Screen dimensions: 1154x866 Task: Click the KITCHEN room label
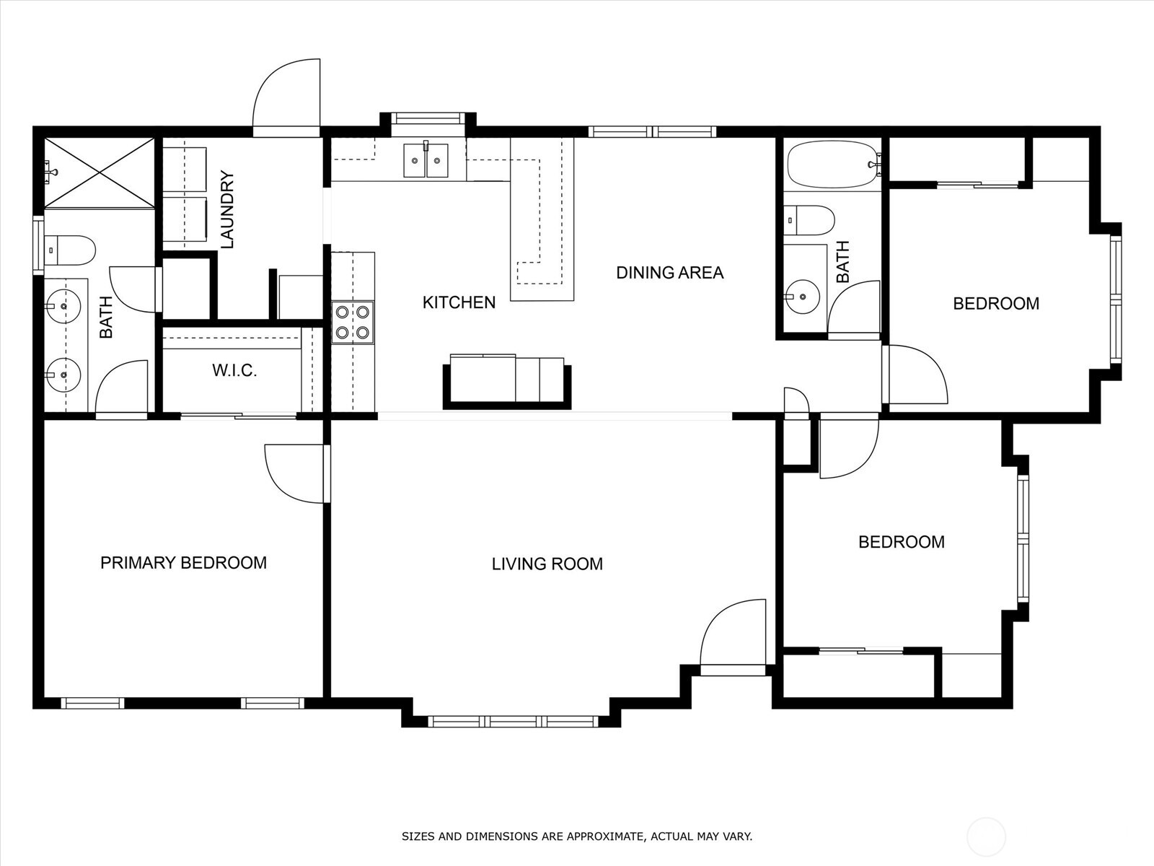pyautogui.click(x=459, y=302)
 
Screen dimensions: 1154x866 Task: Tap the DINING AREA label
pyautogui.click(x=670, y=272)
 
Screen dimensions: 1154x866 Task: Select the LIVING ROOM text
pyautogui.click(x=547, y=564)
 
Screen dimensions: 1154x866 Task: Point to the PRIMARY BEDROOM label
pyautogui.click(x=183, y=563)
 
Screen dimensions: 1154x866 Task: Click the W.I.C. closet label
pyautogui.click(x=234, y=371)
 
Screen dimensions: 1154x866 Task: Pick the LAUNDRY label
pyautogui.click(x=226, y=209)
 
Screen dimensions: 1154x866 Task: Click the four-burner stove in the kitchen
pyautogui.click(x=353, y=323)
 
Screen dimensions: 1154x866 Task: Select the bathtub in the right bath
pyautogui.click(x=834, y=164)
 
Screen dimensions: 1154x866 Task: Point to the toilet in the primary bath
pyautogui.click(x=69, y=250)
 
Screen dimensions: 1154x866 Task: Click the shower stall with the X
pyautogui.click(x=100, y=172)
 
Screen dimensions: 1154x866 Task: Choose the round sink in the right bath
pyautogui.click(x=802, y=297)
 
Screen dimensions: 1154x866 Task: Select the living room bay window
pyautogui.click(x=513, y=722)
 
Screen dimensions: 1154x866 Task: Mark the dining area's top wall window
pyautogui.click(x=653, y=131)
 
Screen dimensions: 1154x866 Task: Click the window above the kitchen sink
pyautogui.click(x=428, y=118)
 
